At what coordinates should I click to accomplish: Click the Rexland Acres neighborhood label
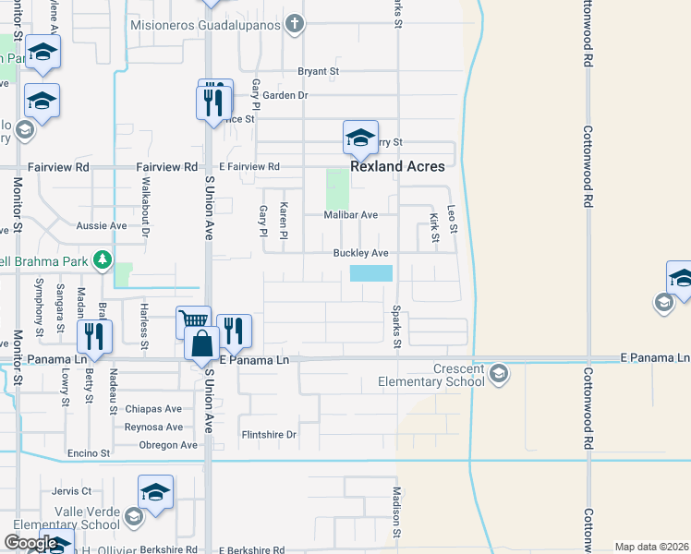397,167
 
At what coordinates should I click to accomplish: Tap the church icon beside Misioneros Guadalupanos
295,24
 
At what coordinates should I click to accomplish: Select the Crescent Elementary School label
432,375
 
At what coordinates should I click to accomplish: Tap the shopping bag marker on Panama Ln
201,344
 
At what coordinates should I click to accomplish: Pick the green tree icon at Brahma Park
103,261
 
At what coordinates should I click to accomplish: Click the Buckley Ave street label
360,253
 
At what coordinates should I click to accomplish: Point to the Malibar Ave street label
351,215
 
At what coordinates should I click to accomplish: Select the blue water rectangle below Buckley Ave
371,273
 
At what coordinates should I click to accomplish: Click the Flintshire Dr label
268,434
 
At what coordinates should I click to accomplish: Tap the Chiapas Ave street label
154,409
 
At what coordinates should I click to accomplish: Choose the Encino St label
89,454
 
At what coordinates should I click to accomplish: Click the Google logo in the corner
30,543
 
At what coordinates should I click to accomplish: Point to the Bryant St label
319,71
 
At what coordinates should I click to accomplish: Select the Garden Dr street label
285,95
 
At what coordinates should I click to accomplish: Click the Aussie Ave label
102,225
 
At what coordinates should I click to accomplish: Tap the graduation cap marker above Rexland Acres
360,138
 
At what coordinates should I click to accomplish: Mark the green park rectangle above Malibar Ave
338,188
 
